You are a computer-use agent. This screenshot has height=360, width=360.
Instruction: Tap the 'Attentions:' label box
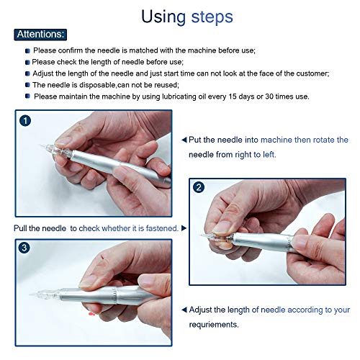point(41,34)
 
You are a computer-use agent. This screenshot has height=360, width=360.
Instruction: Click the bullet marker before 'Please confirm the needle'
point(28,50)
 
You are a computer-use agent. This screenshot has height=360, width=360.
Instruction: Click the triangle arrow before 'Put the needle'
point(184,140)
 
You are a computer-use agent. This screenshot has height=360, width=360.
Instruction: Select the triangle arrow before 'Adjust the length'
point(184,310)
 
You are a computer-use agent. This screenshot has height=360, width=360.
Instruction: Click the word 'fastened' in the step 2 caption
point(160,228)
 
